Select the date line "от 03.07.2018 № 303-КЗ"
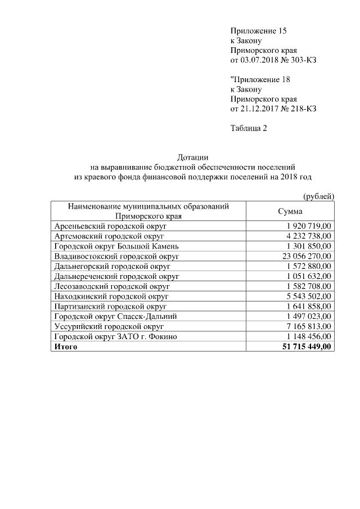click(x=273, y=60)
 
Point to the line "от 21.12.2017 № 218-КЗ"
click(x=273, y=108)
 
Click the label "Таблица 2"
click(x=249, y=128)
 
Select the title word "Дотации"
click(x=193, y=157)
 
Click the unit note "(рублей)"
click(x=319, y=196)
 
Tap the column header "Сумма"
click(x=290, y=211)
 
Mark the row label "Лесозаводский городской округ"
click(x=112, y=286)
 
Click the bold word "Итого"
click(x=66, y=346)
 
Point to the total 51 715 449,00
click(x=307, y=346)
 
